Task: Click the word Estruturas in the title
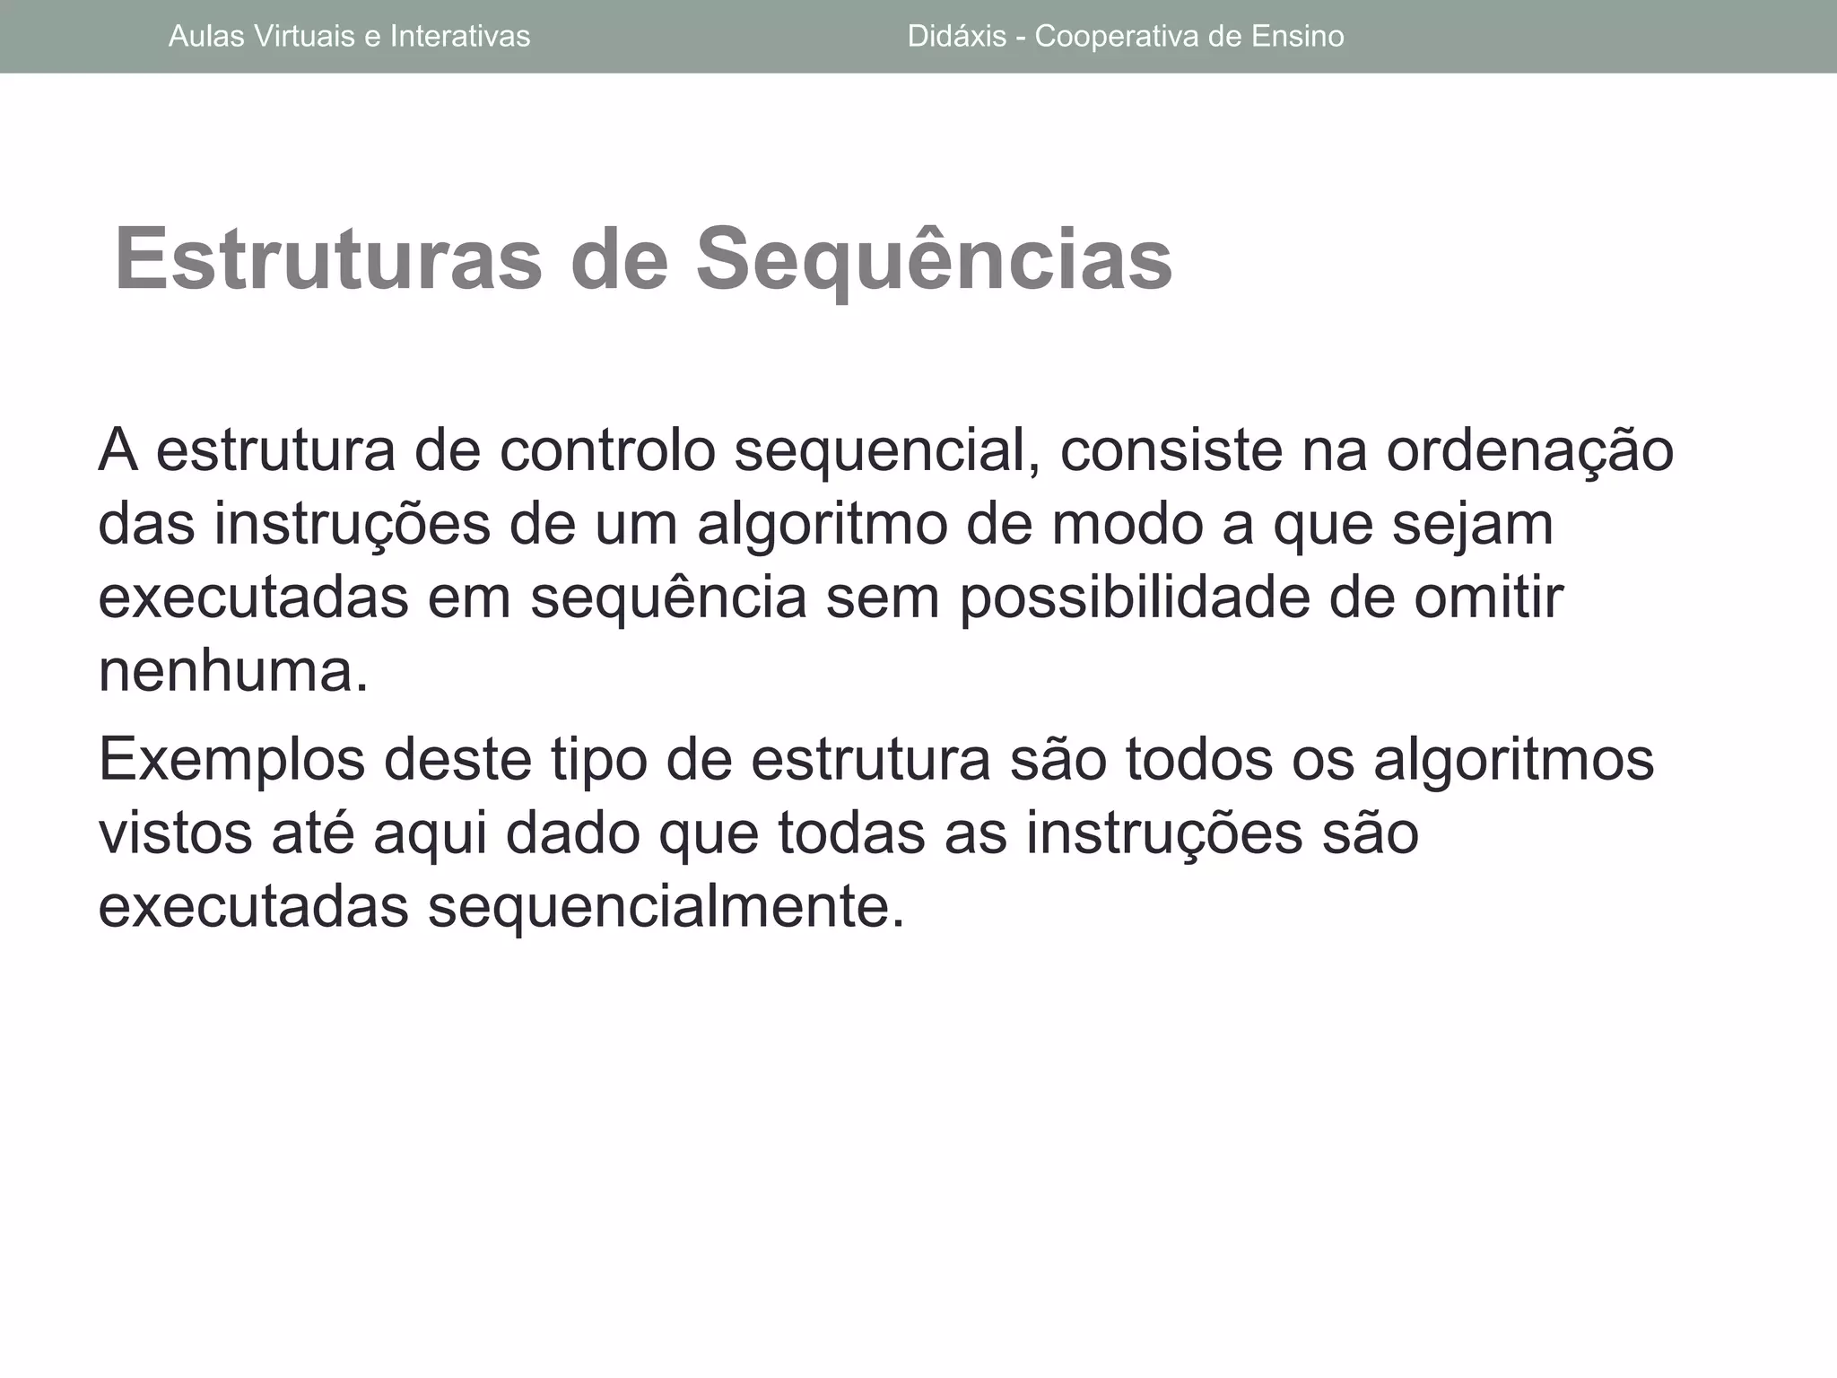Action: (328, 258)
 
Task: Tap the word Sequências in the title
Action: (934, 258)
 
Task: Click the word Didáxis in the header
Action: (957, 36)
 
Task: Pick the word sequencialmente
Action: (666, 907)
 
